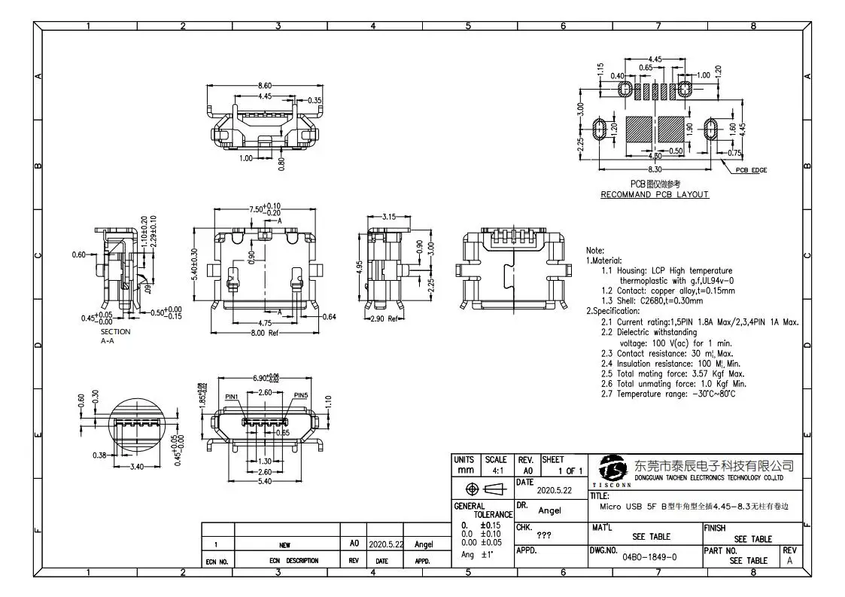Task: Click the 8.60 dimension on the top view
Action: click(x=264, y=86)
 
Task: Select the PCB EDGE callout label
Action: click(x=750, y=170)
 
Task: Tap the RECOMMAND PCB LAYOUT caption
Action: click(x=654, y=194)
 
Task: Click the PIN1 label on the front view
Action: click(x=232, y=396)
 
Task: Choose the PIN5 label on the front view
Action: click(x=301, y=396)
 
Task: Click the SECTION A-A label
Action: click(x=115, y=336)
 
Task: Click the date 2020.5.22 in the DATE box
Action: click(x=554, y=490)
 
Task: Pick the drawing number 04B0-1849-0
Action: click(x=649, y=557)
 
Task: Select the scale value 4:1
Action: click(x=497, y=471)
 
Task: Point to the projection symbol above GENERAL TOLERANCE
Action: click(x=473, y=489)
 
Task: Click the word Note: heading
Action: click(x=594, y=250)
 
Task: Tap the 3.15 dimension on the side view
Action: click(x=388, y=217)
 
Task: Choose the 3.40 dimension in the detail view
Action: click(x=136, y=467)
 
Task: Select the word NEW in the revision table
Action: click(x=285, y=544)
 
